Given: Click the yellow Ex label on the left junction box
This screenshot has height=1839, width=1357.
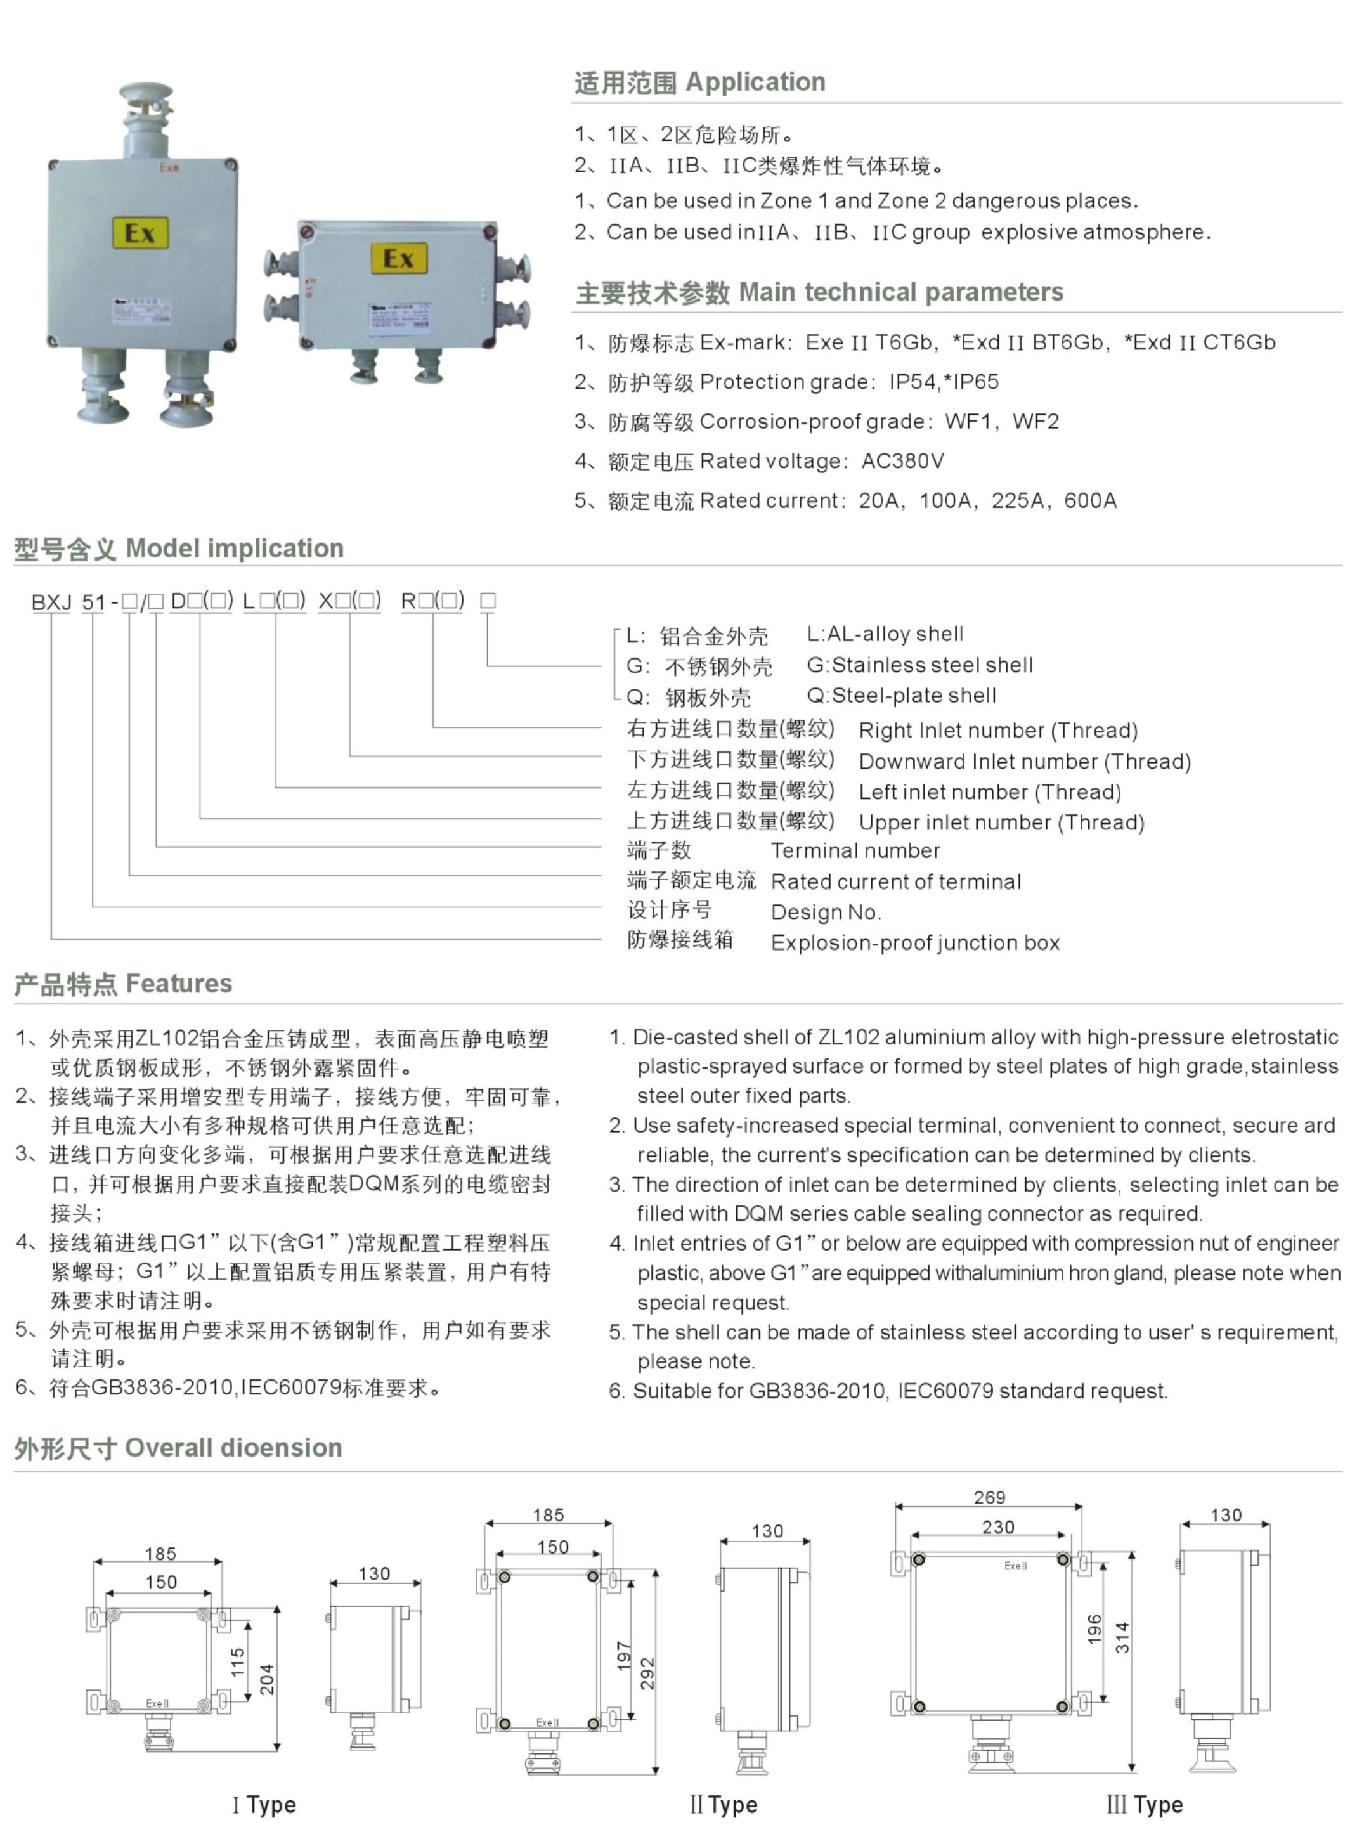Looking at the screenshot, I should [x=140, y=233].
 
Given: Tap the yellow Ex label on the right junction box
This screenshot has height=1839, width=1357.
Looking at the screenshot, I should [x=398, y=259].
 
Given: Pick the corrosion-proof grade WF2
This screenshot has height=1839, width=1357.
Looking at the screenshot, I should [x=1036, y=421].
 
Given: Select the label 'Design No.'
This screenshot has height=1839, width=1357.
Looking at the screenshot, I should [x=826, y=912].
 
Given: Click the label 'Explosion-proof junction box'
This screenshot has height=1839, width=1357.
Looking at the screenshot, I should [x=915, y=942].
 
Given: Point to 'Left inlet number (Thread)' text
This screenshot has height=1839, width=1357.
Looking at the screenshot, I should [x=989, y=792].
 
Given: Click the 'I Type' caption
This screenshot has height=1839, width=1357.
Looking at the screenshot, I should [x=264, y=1805].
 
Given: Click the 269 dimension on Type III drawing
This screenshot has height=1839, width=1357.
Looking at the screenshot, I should [x=989, y=1497].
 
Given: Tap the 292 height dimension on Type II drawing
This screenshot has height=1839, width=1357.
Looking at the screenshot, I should [x=647, y=1673].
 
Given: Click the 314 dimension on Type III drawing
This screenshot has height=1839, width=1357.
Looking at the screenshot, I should [x=1122, y=1637].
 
